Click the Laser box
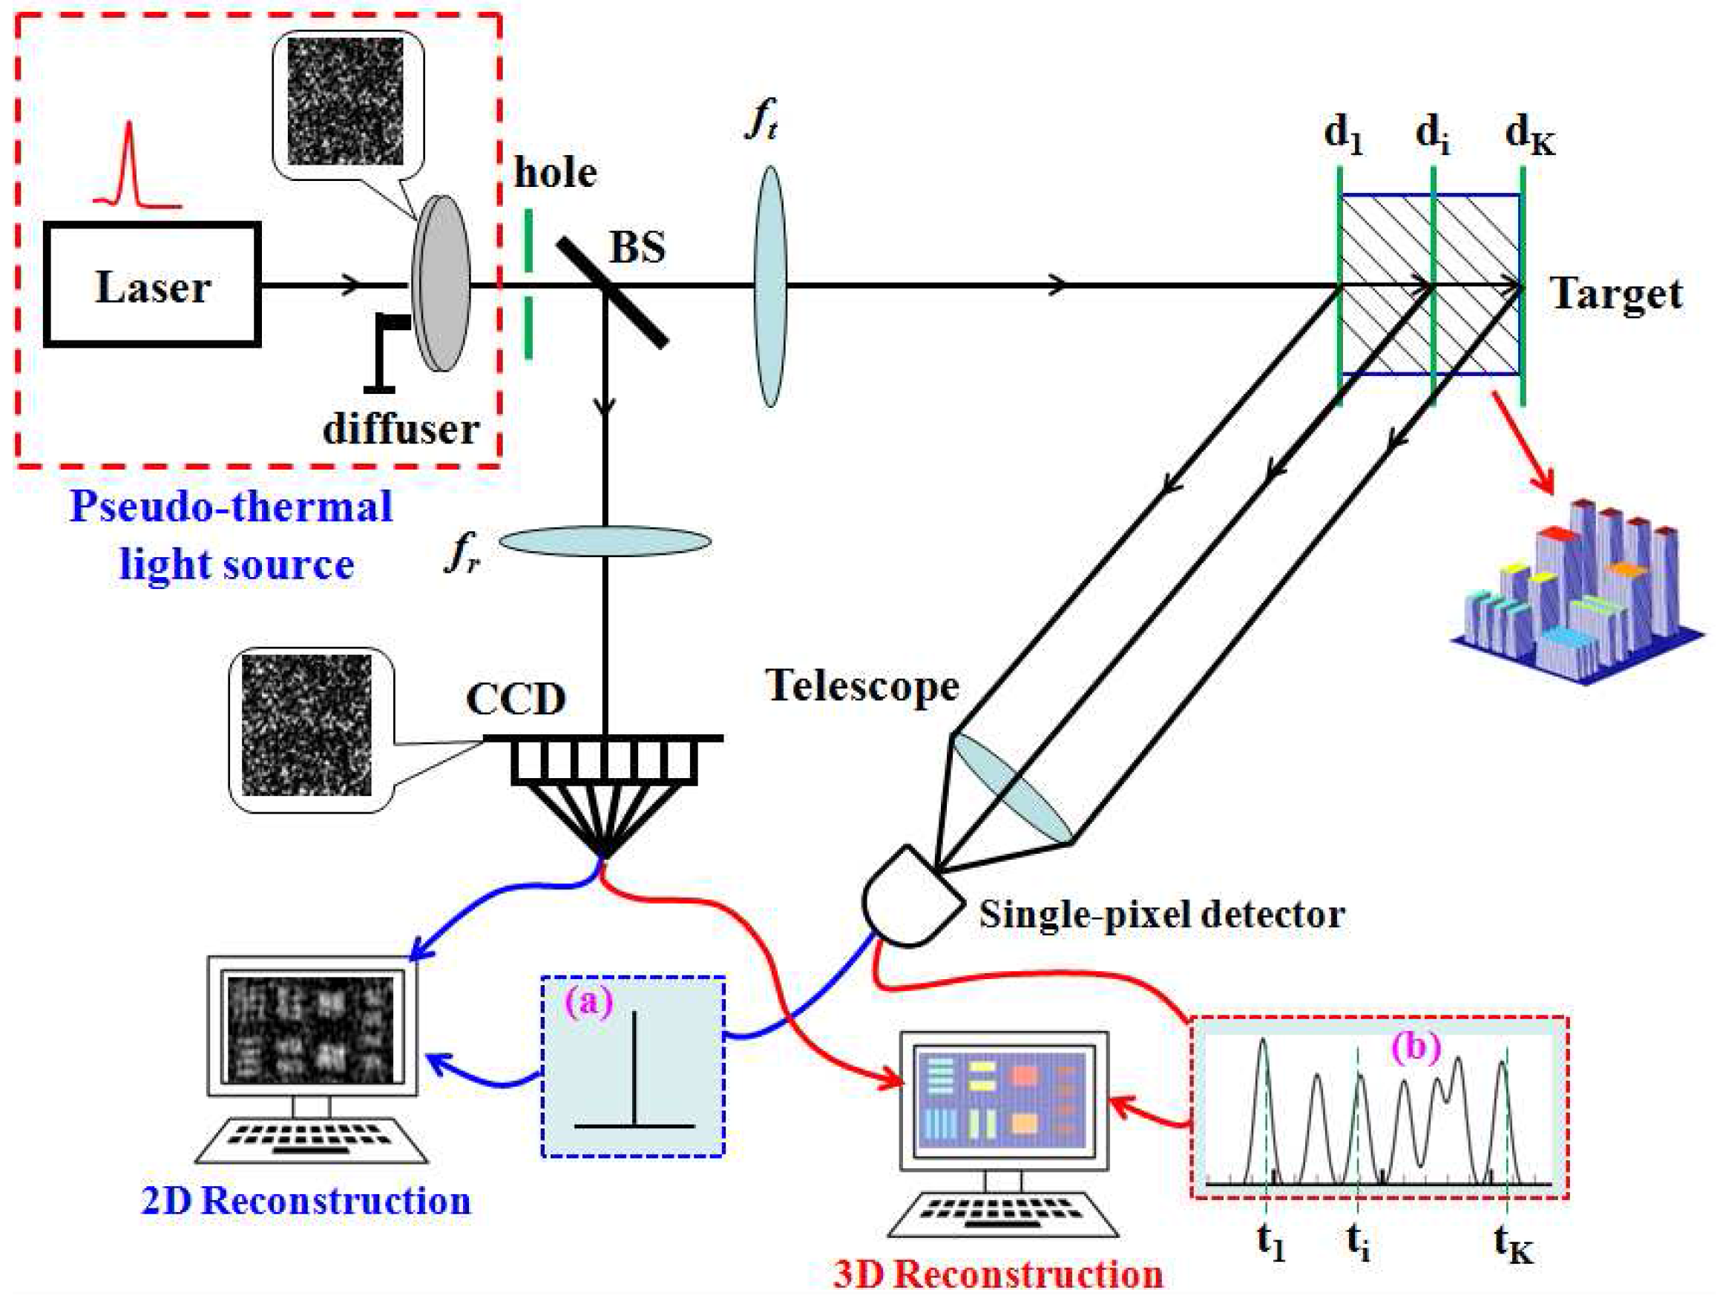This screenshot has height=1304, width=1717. coord(152,285)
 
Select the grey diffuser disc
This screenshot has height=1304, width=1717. coord(441,283)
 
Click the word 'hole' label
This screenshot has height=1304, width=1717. coord(554,172)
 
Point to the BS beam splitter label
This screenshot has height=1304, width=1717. coord(637,248)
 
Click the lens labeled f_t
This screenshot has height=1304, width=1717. coord(769,286)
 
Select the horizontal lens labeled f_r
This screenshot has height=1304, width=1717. coord(604,541)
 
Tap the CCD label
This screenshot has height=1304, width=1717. coord(516,699)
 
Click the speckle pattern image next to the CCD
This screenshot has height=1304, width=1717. coord(306,725)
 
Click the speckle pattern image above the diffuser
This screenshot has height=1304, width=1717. coord(345,101)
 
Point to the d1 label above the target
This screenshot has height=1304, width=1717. coord(1344,135)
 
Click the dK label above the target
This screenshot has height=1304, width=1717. coord(1529,135)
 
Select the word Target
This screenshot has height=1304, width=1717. coord(1616,295)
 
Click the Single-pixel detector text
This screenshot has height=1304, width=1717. coord(1161,915)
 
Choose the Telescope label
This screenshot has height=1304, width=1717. coord(862,686)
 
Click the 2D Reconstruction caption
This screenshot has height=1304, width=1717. coord(306,1202)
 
